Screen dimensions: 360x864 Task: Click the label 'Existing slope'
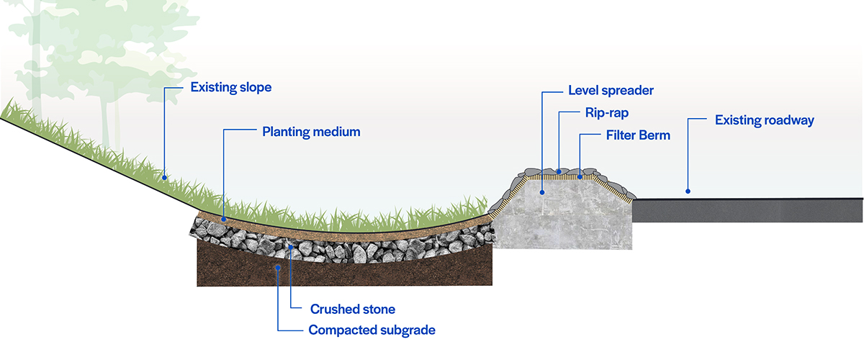point(230,88)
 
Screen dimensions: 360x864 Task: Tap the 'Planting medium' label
point(311,132)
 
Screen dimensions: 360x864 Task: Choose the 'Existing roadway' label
point(764,120)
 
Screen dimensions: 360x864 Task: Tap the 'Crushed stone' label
point(353,309)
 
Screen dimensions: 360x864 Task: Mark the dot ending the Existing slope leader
point(165,176)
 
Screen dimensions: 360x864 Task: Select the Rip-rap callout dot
point(559,172)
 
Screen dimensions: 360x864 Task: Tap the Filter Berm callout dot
point(580,176)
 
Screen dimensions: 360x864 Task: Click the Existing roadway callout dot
point(688,192)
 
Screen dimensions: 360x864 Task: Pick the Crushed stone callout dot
point(290,247)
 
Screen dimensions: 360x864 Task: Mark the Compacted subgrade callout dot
point(278,268)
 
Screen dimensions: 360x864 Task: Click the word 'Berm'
point(653,135)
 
